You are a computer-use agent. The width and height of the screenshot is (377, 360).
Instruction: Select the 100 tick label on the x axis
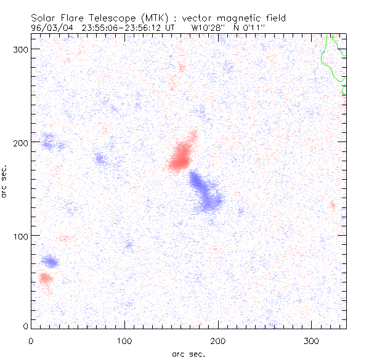124,340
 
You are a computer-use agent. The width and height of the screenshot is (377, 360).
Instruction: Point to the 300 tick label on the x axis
312,340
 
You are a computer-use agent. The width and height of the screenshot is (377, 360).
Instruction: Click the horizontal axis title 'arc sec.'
188,354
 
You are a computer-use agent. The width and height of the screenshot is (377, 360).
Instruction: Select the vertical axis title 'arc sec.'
5,180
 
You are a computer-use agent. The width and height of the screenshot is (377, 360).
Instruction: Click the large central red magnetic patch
181,156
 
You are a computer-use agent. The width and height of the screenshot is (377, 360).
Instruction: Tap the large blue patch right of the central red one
205,191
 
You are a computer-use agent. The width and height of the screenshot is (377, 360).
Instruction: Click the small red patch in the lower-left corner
45,278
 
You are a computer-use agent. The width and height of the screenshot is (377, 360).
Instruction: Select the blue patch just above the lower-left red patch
51,263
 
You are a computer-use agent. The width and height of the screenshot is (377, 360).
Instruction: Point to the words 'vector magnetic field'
231,17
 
